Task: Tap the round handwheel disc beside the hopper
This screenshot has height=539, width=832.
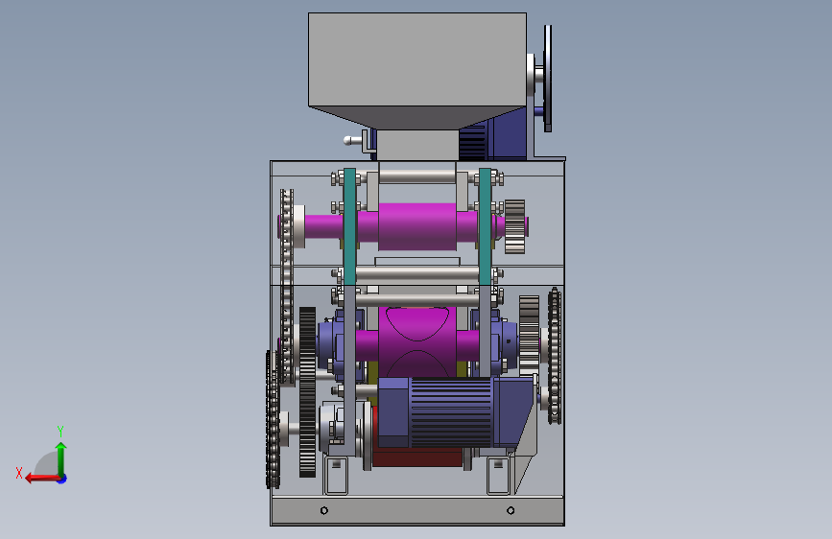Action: point(548,78)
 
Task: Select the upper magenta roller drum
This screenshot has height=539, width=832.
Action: point(417,226)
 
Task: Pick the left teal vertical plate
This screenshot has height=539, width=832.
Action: point(349,226)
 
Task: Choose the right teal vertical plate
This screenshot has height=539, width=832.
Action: point(485,226)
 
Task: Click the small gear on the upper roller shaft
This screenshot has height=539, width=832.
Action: point(514,226)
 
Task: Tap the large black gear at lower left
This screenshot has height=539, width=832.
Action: point(307,392)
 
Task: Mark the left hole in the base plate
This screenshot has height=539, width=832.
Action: point(324,510)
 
